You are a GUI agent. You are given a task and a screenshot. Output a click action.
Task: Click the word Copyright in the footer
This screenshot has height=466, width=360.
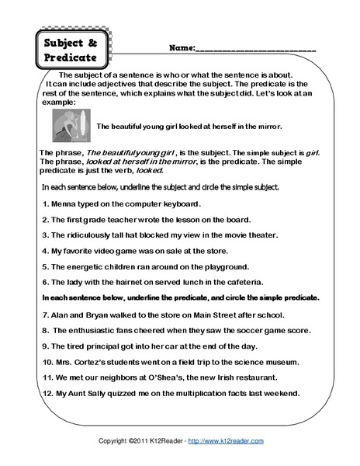tap(114, 441)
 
